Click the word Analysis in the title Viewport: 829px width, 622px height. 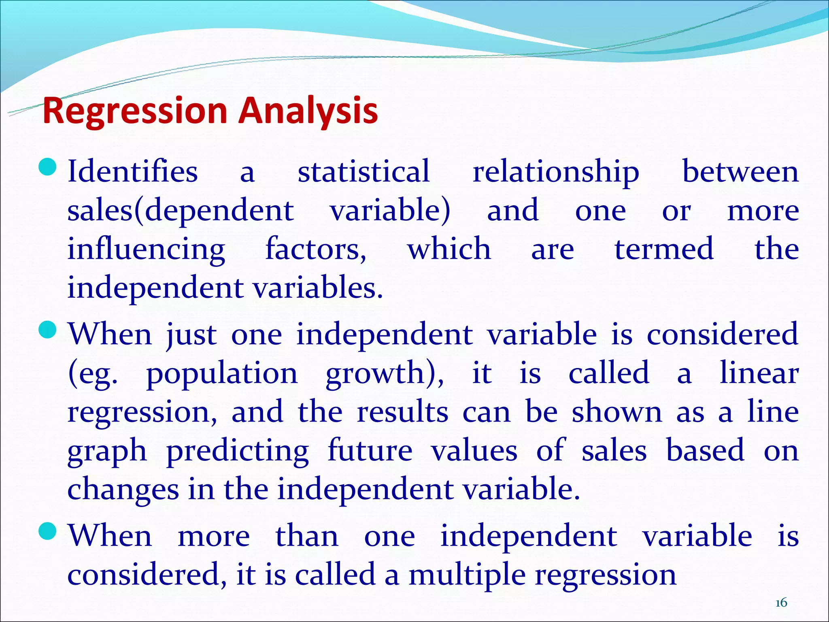308,111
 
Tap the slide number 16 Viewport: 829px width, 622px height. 781,603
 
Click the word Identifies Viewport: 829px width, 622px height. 132,172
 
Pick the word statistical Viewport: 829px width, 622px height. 363,172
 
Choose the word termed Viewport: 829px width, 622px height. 664,249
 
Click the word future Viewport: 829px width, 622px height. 370,450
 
